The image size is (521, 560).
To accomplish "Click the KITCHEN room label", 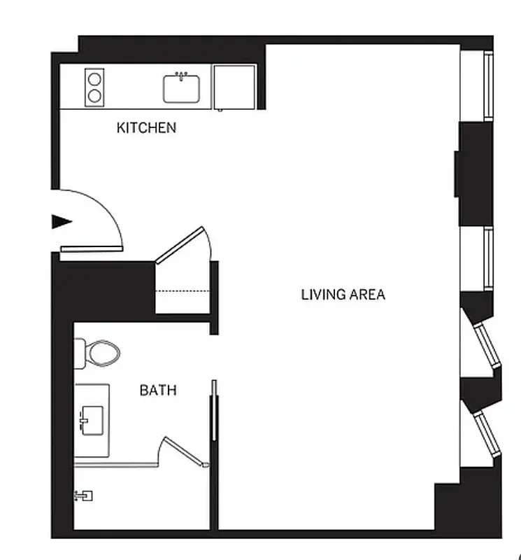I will click(146, 128).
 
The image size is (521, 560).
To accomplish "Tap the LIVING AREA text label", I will click(343, 294).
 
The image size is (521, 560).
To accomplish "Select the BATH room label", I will click(158, 391).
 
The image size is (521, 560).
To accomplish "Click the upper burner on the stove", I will click(94, 78).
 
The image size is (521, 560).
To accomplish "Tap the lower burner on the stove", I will click(94, 95).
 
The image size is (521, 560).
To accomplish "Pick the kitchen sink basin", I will click(182, 89).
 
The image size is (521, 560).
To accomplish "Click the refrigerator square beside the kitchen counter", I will click(235, 87).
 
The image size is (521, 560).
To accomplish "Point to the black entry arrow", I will click(62, 222).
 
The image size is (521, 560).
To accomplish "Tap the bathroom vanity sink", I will click(92, 420).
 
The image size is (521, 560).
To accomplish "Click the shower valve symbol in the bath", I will click(83, 496).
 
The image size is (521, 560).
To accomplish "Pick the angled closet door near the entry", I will click(180, 245).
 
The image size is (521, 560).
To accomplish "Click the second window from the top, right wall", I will click(489, 258).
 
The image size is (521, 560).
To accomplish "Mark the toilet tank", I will click(79, 353).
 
